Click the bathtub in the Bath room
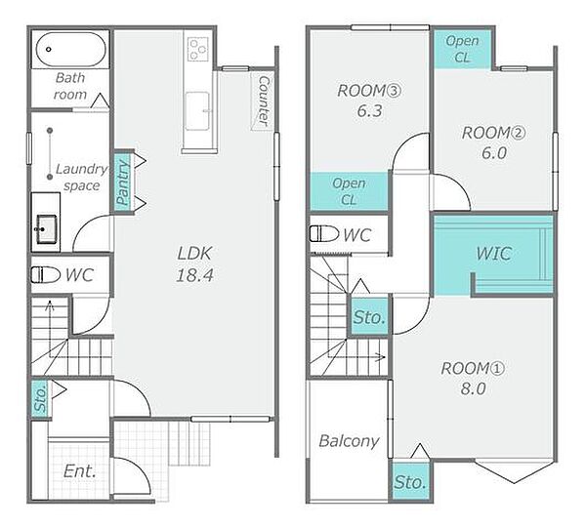71,50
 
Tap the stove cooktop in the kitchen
197,49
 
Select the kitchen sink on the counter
197,111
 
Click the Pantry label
123,182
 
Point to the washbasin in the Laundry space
46,228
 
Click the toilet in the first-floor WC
45,275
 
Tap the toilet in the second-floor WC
324,234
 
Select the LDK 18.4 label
194,264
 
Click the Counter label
264,101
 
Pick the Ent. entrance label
80,470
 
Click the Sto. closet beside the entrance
40,398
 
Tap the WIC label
493,254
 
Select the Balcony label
349,441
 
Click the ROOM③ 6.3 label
369,101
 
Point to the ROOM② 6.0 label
493,142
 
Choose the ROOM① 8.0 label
473,379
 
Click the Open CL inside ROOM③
349,191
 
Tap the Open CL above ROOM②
462,49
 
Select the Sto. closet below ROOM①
410,482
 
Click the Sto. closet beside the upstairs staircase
369,317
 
